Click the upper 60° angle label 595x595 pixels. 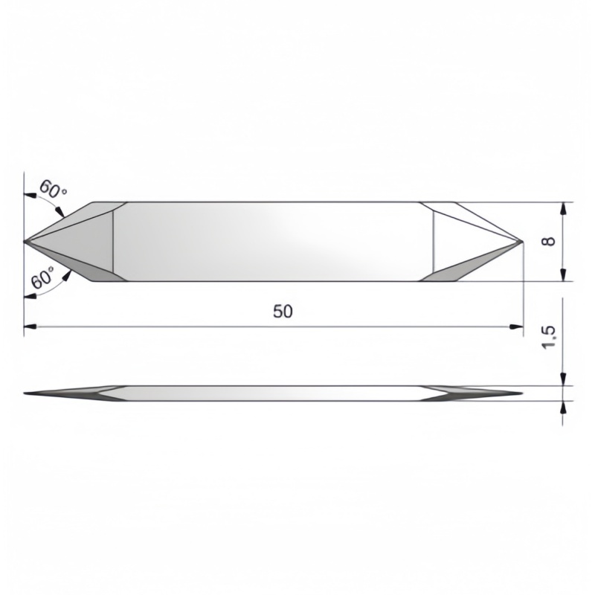[53, 189]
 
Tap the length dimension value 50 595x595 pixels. [283, 312]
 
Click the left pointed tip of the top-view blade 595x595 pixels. [25, 241]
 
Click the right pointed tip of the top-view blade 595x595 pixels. [523, 242]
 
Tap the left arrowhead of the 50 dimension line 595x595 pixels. [30, 327]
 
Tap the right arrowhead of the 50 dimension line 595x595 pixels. [516, 327]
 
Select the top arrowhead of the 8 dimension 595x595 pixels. [564, 209]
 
